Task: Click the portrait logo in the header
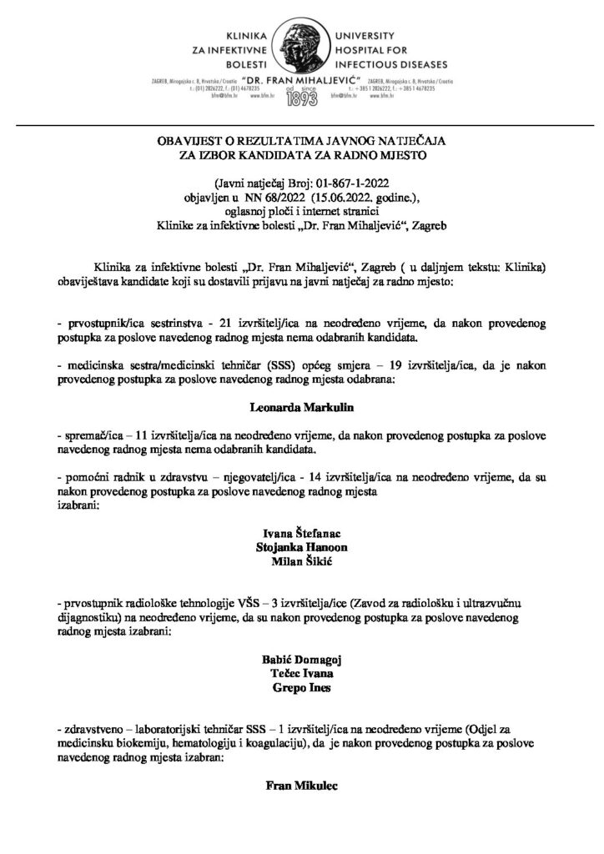tap(302, 42)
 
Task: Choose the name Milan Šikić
tap(302, 563)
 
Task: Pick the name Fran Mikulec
tap(302, 786)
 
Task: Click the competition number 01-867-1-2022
tap(343, 184)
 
